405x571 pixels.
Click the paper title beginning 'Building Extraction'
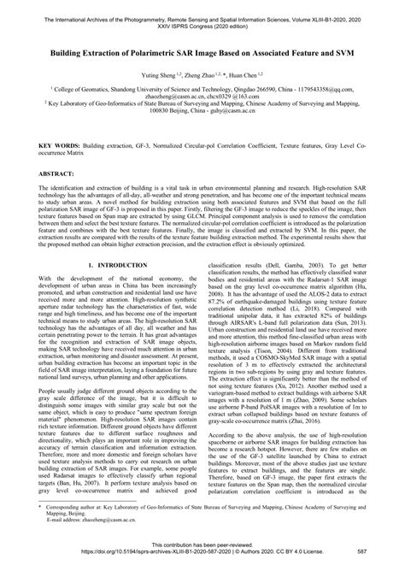click(x=202, y=52)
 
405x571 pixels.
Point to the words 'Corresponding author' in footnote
click(x=69, y=516)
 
